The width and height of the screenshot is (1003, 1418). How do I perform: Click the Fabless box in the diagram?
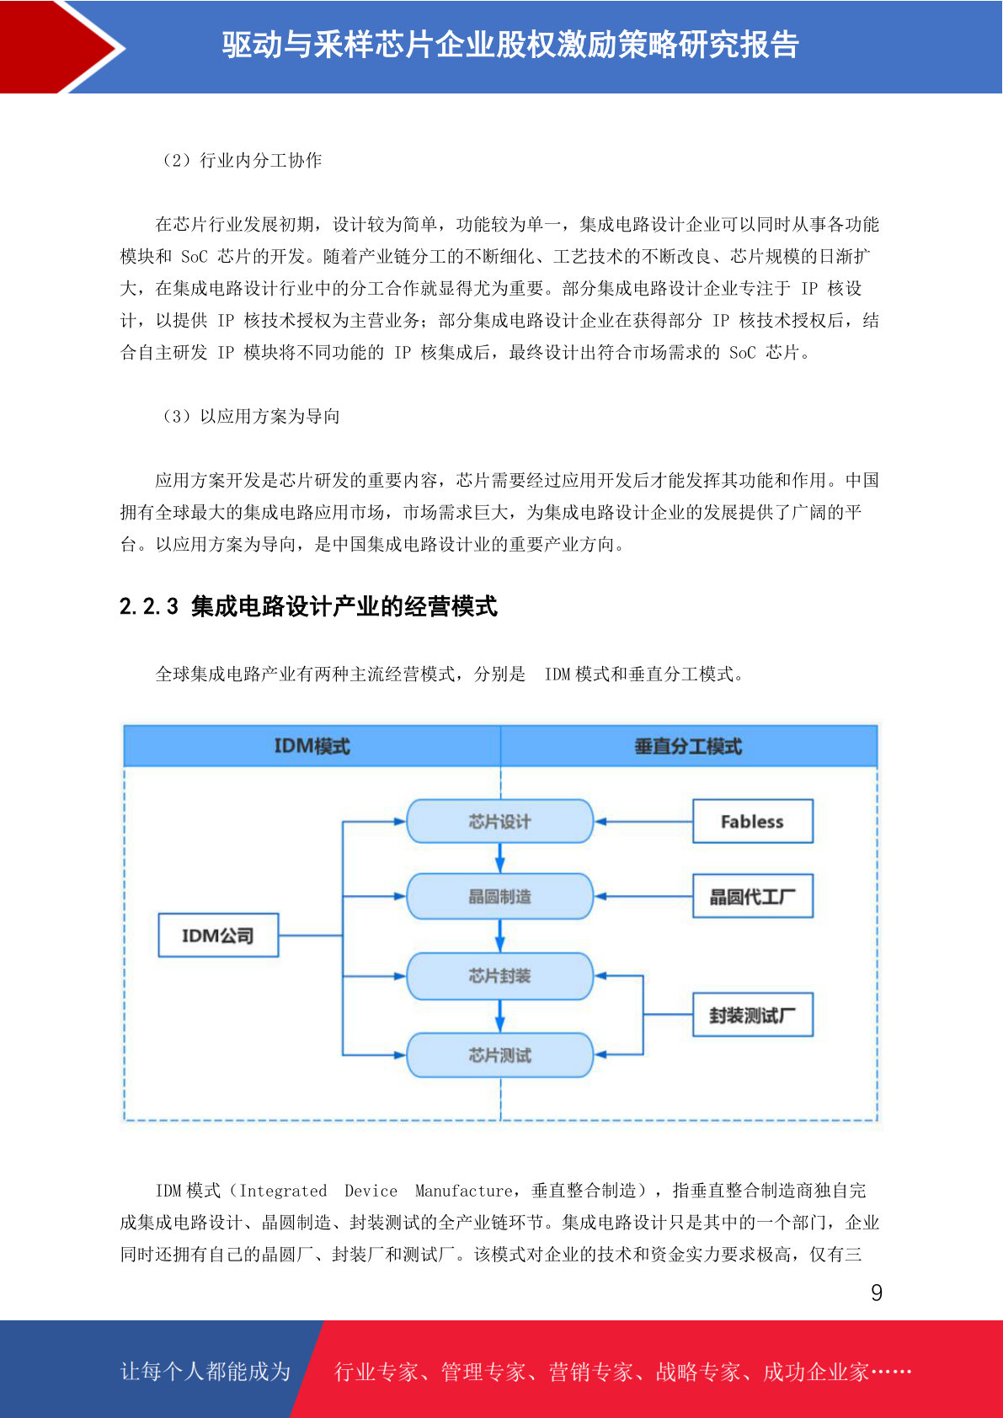click(753, 821)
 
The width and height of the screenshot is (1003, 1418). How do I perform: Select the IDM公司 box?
click(218, 935)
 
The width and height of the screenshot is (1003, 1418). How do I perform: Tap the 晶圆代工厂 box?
click(753, 897)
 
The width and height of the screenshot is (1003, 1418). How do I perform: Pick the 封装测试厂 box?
click(753, 1015)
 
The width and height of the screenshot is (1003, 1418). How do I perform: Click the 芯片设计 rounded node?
click(499, 821)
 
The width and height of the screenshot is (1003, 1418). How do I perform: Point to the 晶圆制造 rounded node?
click(499, 897)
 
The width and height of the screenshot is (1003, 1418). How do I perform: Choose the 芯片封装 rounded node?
click(499, 976)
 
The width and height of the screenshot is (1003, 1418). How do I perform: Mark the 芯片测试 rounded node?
click(499, 1054)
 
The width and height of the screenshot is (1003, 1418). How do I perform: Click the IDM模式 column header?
click(312, 746)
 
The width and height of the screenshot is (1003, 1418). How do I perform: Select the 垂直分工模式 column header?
click(689, 746)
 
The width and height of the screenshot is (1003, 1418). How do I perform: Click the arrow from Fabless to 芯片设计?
click(643, 821)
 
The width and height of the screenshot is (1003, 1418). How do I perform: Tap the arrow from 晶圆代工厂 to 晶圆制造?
click(643, 897)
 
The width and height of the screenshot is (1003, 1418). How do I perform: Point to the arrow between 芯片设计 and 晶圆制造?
click(499, 858)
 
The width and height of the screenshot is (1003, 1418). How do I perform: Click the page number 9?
click(877, 1292)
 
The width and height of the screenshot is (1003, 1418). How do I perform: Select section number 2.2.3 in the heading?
click(149, 606)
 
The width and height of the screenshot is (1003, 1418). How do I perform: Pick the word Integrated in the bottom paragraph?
click(283, 1191)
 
